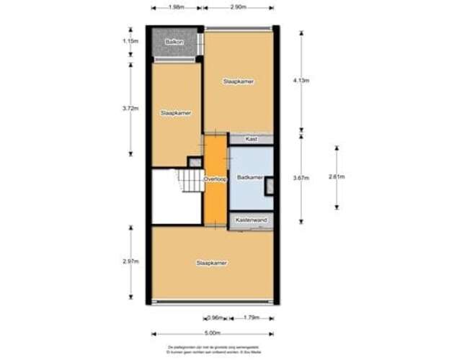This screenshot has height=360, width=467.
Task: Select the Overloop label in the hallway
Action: (215, 179)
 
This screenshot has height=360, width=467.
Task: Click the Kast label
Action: (252, 138)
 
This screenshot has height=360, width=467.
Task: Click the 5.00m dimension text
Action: (213, 333)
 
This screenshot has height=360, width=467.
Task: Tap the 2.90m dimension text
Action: (238, 8)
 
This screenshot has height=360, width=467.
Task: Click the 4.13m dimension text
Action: (302, 80)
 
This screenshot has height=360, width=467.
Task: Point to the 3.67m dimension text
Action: (302, 179)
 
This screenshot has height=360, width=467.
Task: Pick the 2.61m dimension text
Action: (337, 177)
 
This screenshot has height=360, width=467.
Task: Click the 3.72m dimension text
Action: (130, 109)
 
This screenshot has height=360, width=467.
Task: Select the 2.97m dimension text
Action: (130, 262)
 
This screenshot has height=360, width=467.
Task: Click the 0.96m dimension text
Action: (215, 317)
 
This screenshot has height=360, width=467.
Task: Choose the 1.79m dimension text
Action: (251, 317)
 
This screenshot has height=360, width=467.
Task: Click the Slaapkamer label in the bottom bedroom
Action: (212, 264)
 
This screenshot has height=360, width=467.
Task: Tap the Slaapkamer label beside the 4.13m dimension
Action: (239, 81)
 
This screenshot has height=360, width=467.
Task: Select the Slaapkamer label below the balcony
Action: (176, 113)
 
